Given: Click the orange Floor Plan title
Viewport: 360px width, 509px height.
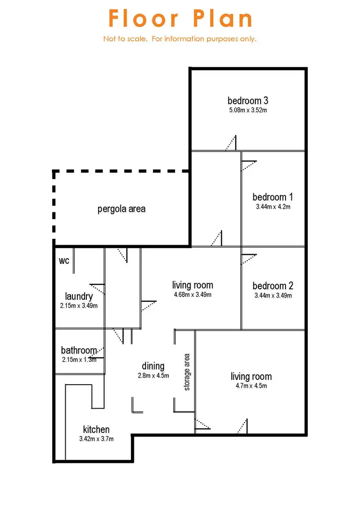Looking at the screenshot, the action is [180, 19].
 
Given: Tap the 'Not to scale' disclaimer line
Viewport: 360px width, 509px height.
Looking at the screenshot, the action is [180, 39].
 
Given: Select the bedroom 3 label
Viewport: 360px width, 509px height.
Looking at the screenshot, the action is [248, 101].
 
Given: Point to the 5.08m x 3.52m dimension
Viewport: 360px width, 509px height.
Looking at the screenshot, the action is [248, 110].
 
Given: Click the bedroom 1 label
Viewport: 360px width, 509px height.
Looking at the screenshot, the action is [273, 197].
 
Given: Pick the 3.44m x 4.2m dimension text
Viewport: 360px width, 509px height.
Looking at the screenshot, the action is [273, 207].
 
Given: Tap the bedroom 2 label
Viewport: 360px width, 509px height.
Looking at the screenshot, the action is [273, 286].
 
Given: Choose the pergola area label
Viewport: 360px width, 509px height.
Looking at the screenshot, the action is [121, 209].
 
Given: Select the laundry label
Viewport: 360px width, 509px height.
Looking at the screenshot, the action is [79, 297].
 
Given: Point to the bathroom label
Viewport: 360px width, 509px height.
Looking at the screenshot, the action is [79, 350].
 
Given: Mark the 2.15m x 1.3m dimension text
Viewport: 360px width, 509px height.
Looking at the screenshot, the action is [79, 360].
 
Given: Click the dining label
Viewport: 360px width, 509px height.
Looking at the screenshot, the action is [153, 367].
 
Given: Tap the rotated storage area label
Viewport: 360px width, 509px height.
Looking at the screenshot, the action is [187, 372].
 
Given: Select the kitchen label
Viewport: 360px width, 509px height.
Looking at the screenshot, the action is [96, 429].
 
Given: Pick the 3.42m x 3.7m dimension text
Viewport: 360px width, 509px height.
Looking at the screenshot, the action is [96, 438].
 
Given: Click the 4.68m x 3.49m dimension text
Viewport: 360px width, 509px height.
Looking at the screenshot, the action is [192, 295].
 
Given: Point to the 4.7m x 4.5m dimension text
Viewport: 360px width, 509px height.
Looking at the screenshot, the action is [251, 386].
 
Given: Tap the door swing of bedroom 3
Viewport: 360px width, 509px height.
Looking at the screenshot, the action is [231, 143].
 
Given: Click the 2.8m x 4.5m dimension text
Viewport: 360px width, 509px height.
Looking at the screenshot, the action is [153, 376].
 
